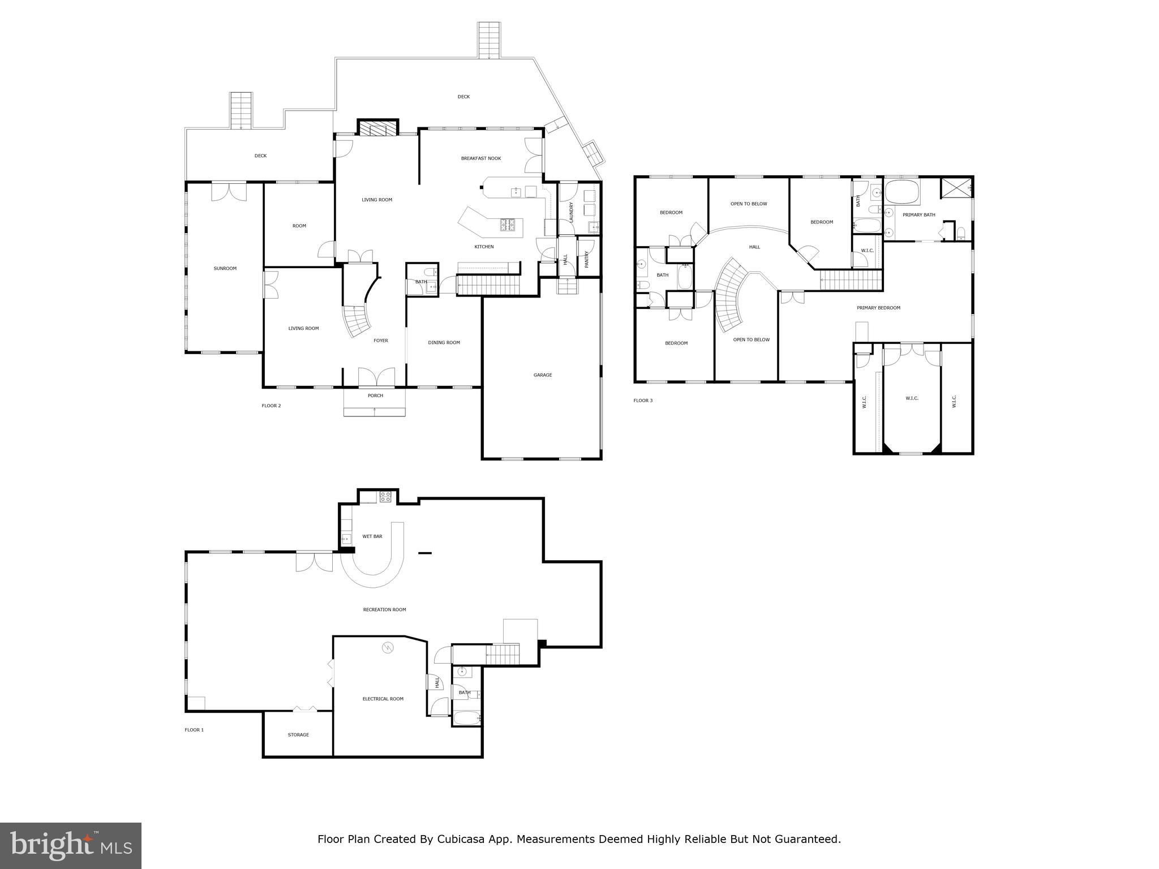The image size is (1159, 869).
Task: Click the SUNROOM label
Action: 225,268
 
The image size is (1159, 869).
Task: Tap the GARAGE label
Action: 542,375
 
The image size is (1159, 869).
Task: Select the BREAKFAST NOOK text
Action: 480,158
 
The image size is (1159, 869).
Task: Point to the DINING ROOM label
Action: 444,342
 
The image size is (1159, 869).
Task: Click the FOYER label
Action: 380,341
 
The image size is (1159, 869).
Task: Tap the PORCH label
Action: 375,395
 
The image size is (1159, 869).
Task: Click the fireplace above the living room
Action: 378,129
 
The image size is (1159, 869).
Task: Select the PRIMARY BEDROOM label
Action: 878,308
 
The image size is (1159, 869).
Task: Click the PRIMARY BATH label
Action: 918,215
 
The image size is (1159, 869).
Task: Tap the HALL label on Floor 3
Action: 754,247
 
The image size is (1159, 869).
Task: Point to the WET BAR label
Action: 372,536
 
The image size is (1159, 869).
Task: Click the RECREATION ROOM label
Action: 384,610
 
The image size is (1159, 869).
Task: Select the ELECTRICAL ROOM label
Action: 383,699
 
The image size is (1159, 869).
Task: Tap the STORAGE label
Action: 298,735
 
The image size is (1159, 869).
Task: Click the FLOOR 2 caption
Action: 271,406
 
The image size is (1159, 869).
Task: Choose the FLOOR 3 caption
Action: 642,401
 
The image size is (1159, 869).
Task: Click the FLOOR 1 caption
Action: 194,730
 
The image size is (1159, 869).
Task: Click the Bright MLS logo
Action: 71,845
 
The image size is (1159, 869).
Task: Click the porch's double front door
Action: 376,377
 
